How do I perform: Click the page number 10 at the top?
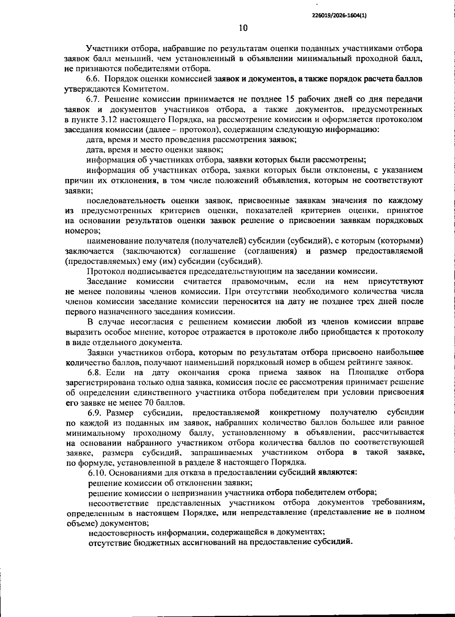(x=243, y=28)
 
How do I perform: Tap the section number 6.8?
(x=94, y=372)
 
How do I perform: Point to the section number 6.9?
(x=95, y=412)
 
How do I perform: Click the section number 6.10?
(x=97, y=473)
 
